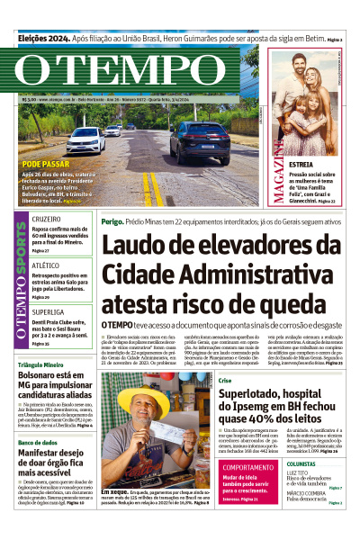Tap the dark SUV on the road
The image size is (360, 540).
coord(199,141)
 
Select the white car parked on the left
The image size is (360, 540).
coord(86,139)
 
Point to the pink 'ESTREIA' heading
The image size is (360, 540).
coord(301,166)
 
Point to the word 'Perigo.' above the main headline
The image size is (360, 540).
coord(112,220)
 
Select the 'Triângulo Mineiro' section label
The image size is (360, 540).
coord(43,365)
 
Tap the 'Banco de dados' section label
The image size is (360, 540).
coord(38,442)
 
